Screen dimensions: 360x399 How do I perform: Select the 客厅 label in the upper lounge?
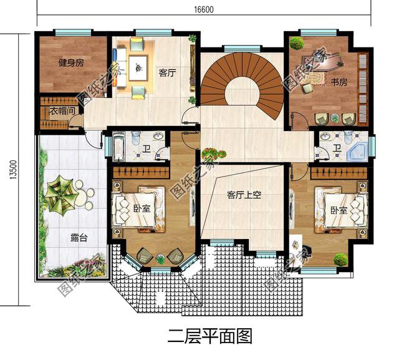click(167, 72)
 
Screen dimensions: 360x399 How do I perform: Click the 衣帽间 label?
click(63, 111)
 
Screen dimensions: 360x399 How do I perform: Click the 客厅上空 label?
click(244, 195)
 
